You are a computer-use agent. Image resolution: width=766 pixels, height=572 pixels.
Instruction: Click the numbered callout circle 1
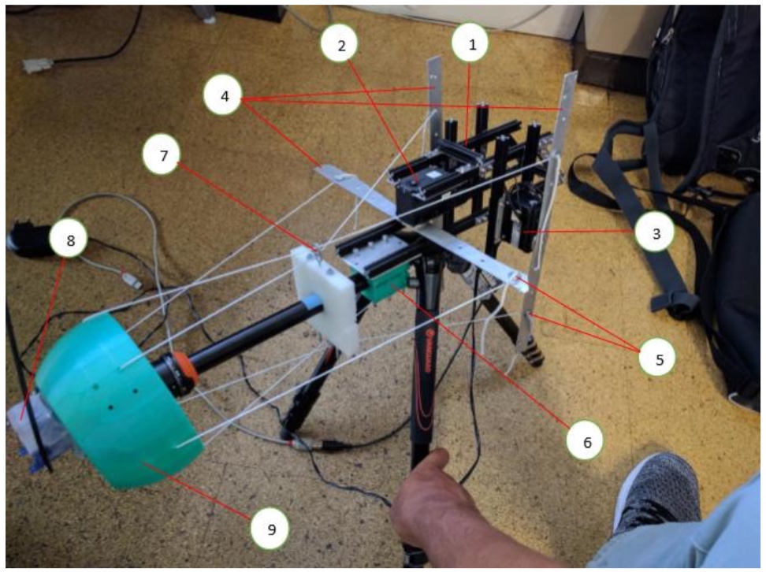473,45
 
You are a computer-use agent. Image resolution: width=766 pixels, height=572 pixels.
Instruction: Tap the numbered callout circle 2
341,46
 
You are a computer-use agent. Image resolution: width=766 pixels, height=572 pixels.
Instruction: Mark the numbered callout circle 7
163,156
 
